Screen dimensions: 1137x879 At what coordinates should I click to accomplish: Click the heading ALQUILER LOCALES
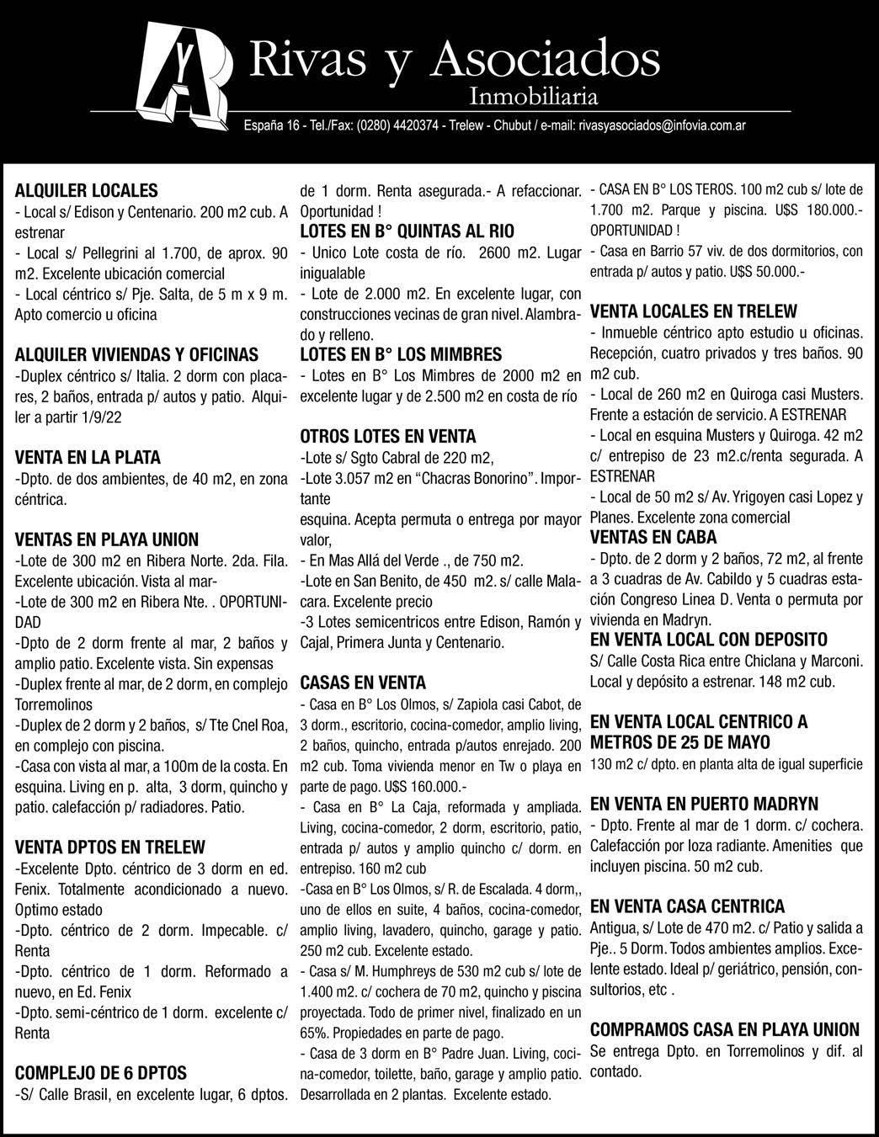click(x=87, y=190)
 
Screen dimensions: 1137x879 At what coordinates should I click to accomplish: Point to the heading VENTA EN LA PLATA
click(x=88, y=458)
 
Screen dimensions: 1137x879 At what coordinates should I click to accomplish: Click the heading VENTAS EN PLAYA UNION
click(x=107, y=539)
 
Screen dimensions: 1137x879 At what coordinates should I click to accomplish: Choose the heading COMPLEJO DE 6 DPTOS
click(x=101, y=1073)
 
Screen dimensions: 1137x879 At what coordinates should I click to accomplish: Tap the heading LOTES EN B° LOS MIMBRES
click(x=401, y=354)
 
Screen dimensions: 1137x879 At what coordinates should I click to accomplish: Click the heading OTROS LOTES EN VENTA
click(x=388, y=436)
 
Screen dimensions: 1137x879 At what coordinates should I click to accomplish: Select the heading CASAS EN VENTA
click(x=363, y=683)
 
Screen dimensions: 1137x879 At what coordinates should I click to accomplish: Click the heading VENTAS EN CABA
click(x=653, y=537)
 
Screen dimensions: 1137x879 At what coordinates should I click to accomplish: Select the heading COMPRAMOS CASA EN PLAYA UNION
click(x=725, y=1029)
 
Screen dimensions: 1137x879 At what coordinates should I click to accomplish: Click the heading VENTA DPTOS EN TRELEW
click(x=110, y=847)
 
